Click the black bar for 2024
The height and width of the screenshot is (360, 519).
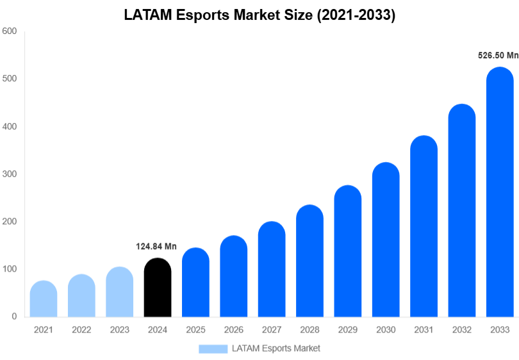tap(158, 288)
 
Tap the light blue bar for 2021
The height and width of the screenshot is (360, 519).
tap(44, 299)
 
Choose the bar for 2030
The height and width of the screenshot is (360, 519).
tap(386, 240)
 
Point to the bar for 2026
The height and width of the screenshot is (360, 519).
tap(234, 277)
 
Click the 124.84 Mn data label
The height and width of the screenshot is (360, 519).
tap(156, 247)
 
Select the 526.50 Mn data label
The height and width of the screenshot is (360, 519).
tap(498, 56)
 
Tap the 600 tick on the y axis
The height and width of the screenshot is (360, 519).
tap(9, 31)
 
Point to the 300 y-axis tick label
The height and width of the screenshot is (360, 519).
tap(9, 174)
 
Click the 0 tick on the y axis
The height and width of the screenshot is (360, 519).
tap(13, 316)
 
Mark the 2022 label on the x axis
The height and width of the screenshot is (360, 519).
tap(81, 330)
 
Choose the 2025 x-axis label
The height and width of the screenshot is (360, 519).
tap(195, 330)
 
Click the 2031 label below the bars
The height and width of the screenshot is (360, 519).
tap(424, 330)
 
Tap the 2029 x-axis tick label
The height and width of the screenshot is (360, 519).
tap(347, 330)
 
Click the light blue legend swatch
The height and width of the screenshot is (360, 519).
tap(213, 348)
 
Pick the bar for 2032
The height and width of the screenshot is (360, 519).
tap(461, 211)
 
